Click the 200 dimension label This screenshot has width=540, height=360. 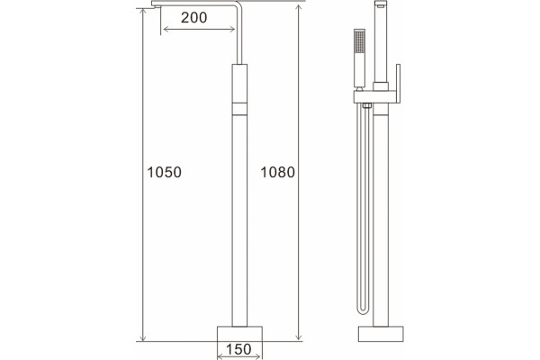click(x=193, y=18)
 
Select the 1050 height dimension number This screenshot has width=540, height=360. click(x=165, y=172)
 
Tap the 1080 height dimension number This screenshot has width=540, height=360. click(x=277, y=172)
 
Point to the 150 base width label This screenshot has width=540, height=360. click(x=238, y=349)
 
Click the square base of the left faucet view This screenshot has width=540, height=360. click(x=239, y=334)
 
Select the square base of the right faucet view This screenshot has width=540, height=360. click(x=381, y=334)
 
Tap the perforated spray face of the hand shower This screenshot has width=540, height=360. click(x=359, y=41)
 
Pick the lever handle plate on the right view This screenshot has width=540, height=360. click(x=398, y=83)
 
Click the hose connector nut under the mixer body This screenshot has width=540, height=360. click(x=366, y=105)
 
